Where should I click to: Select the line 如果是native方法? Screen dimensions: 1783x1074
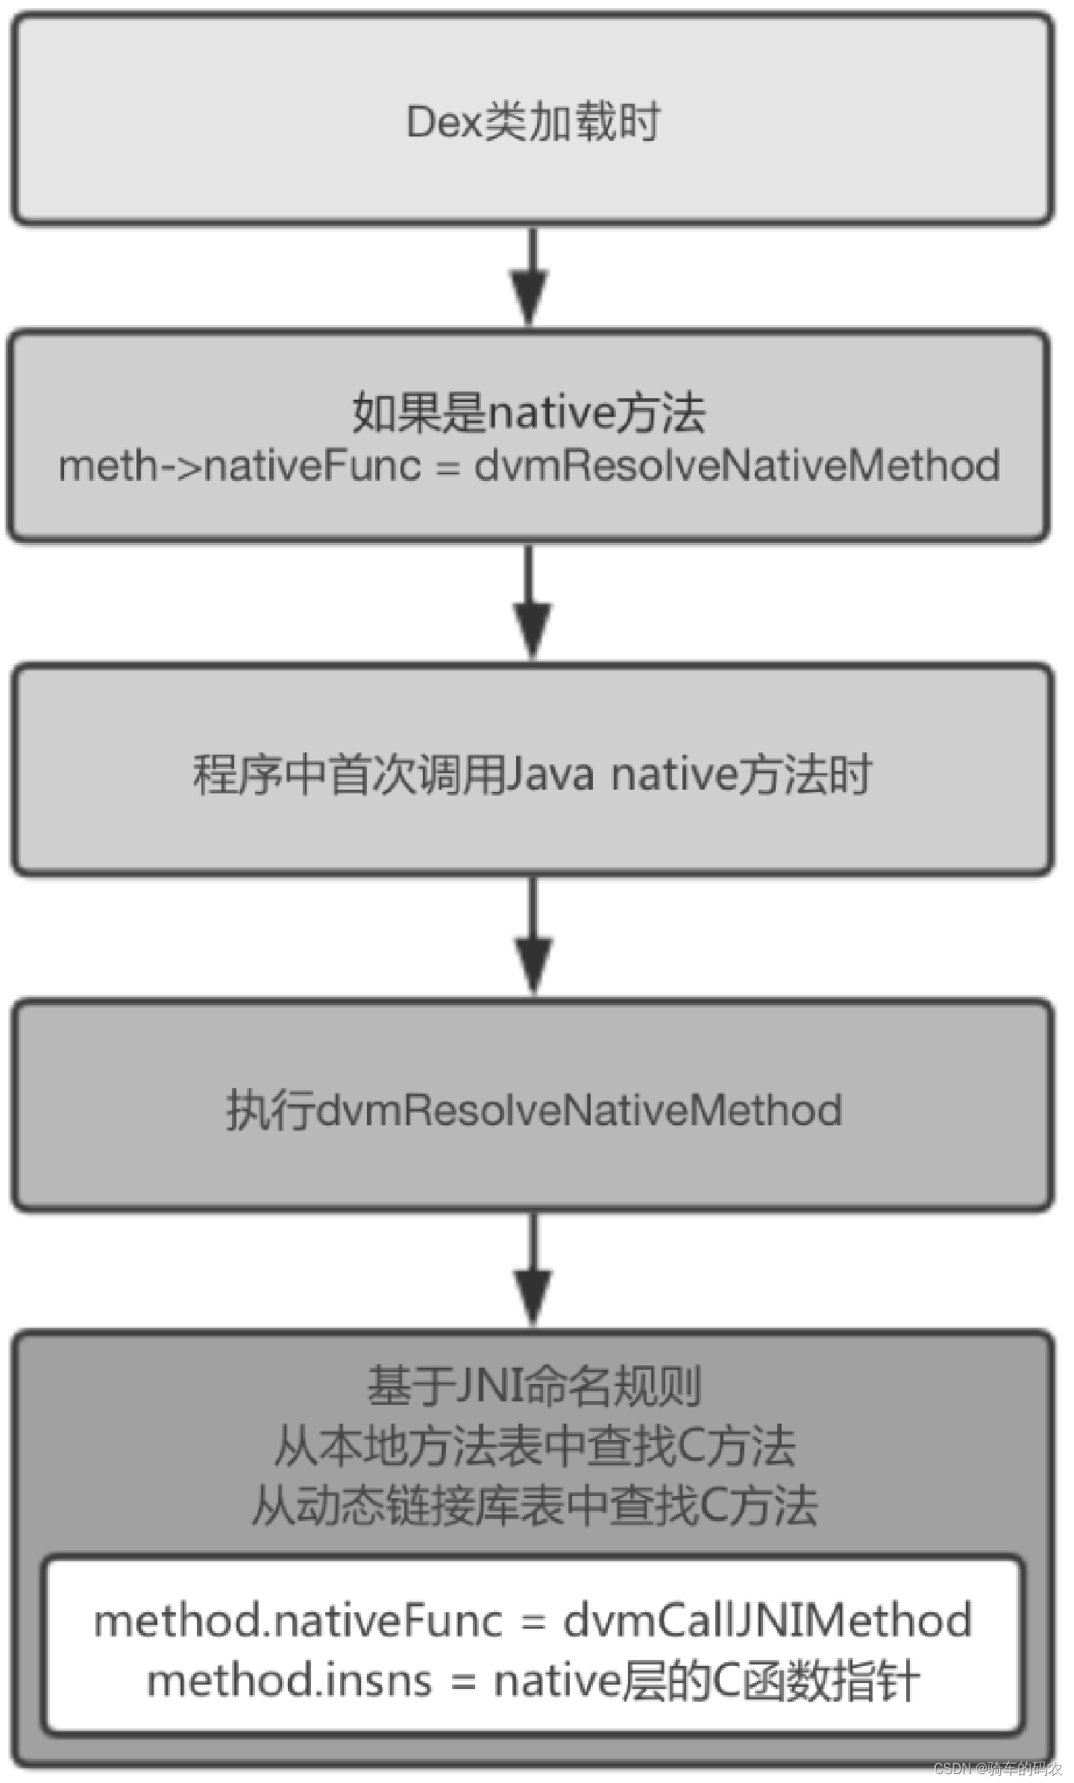529,412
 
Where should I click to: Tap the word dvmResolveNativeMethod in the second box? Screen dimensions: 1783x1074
737,465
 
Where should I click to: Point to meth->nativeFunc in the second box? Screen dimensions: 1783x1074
239,465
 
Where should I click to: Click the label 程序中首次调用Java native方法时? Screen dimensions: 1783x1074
532,774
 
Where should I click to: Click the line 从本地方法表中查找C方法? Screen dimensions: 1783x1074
534,1446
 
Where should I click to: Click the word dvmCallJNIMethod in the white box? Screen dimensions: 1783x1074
767,1621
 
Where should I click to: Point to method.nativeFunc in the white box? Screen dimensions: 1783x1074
298,1621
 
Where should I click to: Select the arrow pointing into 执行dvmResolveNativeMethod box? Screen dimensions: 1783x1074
533,937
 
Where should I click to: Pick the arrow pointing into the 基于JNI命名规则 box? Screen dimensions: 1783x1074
533,1271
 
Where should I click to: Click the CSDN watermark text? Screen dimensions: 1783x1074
998,1768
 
